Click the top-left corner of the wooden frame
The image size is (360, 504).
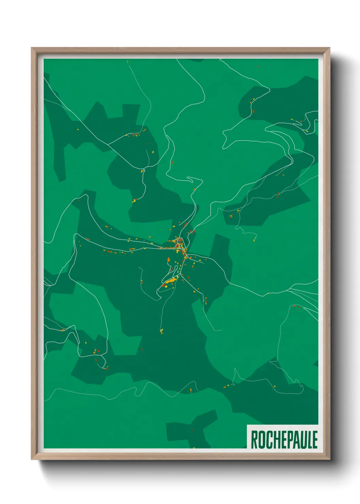tap(32, 48)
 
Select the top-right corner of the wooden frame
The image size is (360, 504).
tap(329, 48)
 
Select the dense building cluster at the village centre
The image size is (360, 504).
tap(178, 244)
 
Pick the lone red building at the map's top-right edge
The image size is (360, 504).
tap(258, 66)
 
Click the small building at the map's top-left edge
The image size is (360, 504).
tap(128, 62)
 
